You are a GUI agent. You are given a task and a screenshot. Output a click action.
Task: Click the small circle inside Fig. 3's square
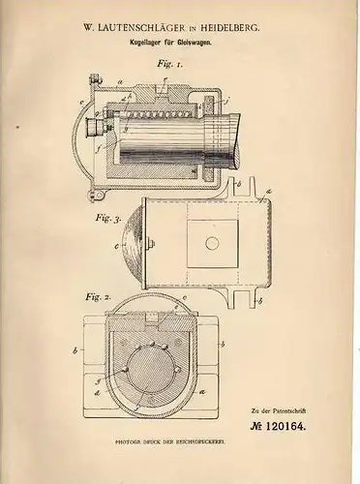pyautogui.click(x=211, y=243)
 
